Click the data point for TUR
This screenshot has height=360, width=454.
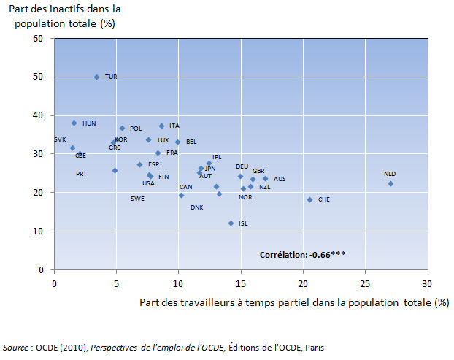(96, 77)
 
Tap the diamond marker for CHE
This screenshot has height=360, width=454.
(309, 199)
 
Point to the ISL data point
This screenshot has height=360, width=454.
(231, 223)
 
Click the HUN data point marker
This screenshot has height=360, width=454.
(74, 123)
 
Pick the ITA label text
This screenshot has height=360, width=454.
(174, 126)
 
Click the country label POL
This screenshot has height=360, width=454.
(136, 129)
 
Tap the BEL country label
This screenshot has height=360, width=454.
(191, 142)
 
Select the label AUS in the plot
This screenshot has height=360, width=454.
(280, 179)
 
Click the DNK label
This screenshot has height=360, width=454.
(197, 207)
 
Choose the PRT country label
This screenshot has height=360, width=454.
(81, 174)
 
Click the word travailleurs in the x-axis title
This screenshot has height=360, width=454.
(200, 302)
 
